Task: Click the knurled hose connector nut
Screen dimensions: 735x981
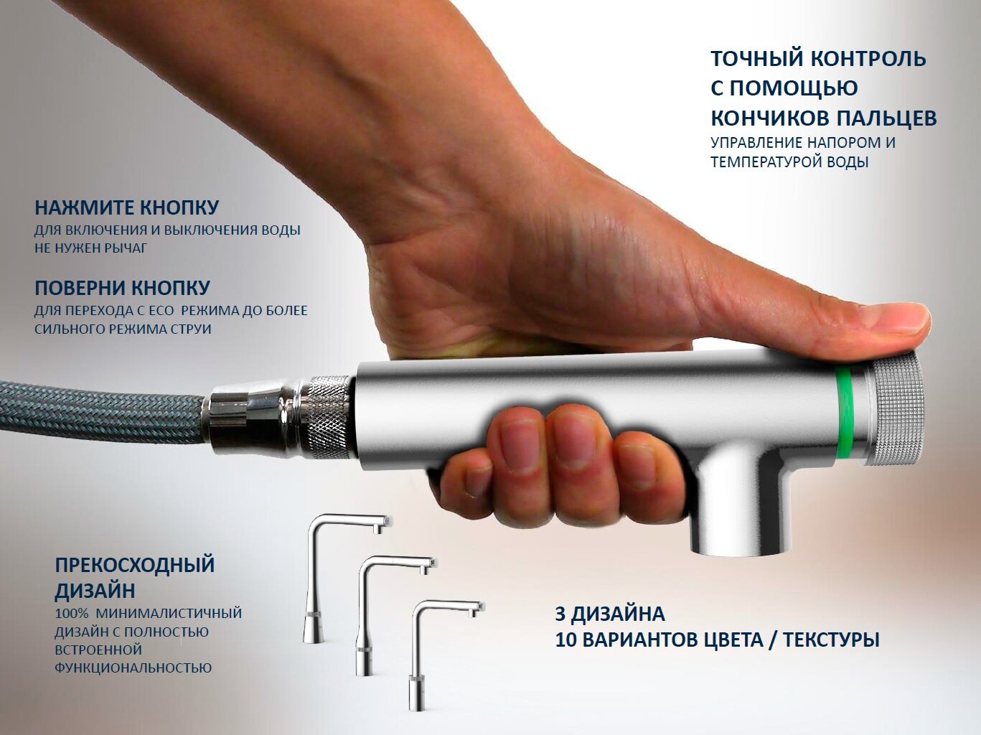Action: pyautogui.click(x=327, y=416)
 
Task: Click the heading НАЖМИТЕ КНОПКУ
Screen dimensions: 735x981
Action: pyautogui.click(x=126, y=208)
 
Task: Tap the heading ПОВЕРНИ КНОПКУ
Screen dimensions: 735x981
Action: pyautogui.click(x=122, y=289)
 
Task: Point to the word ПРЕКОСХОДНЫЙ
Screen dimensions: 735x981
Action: pyautogui.click(x=134, y=565)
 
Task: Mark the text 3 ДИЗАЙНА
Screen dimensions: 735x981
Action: pyautogui.click(x=609, y=614)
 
